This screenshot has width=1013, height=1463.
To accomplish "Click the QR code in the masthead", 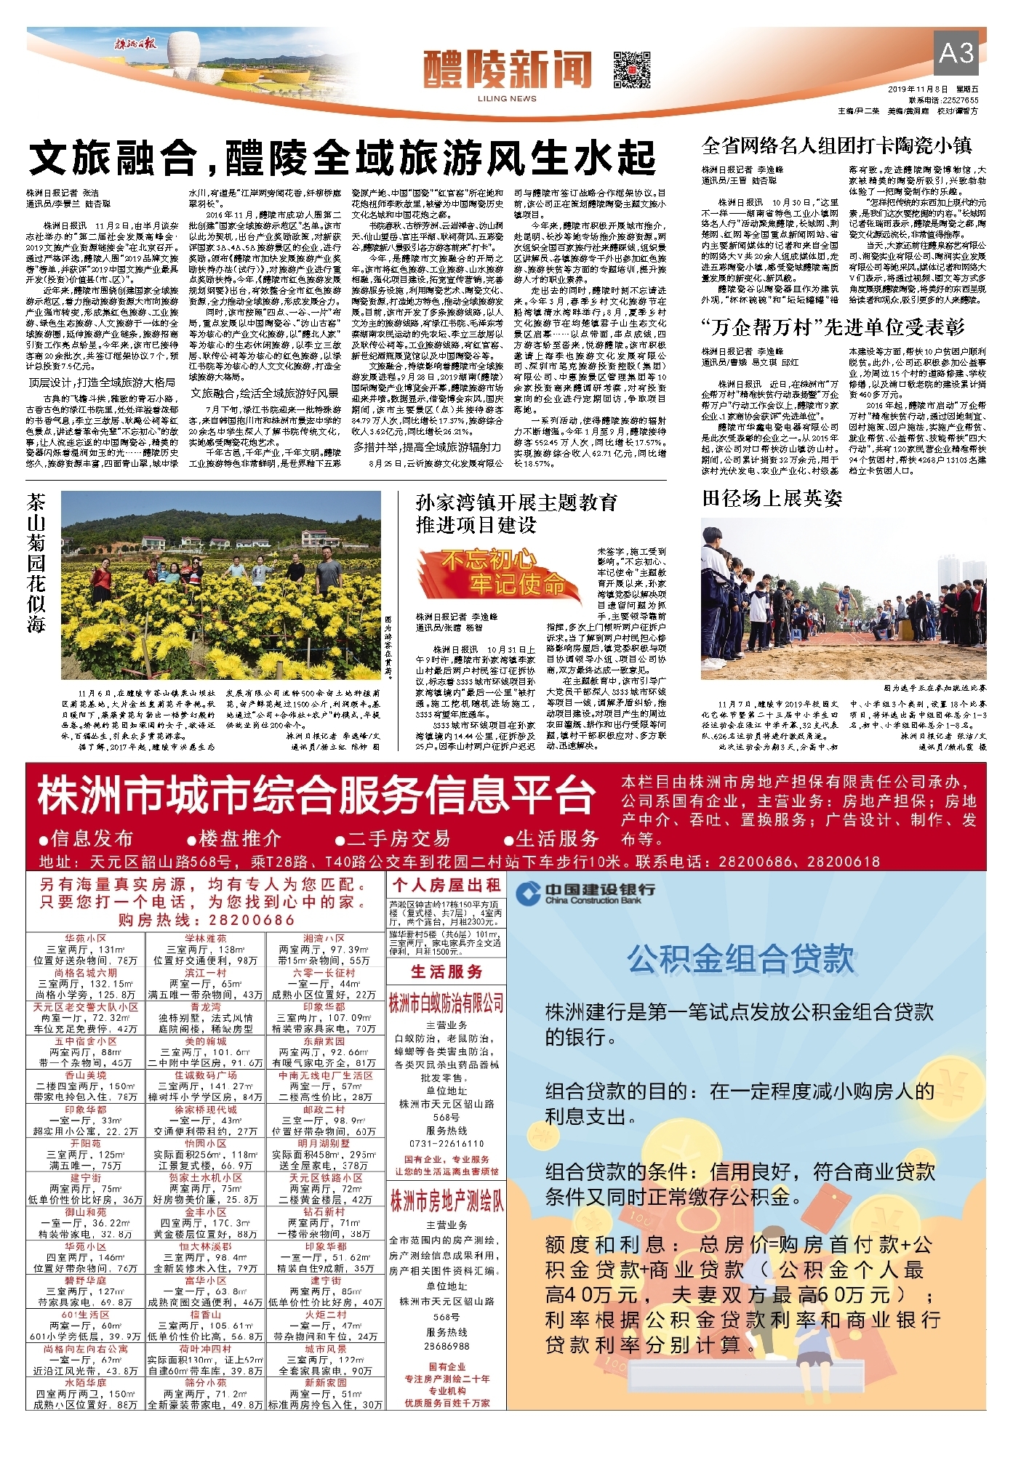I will [x=631, y=69].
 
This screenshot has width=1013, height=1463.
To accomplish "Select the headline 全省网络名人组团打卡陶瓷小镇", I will [x=836, y=145].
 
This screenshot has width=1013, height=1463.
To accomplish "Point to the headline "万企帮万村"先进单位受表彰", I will [x=833, y=327].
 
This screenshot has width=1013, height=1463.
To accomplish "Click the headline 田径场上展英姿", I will [x=772, y=498].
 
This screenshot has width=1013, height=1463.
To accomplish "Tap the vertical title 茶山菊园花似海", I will [x=37, y=564].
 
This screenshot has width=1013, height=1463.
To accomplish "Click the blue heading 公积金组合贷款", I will [x=740, y=959].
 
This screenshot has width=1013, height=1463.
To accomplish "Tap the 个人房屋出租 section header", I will [x=447, y=885].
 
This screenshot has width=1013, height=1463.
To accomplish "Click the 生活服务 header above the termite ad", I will [x=446, y=971].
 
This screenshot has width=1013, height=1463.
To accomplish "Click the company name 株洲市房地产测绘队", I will [x=446, y=1201].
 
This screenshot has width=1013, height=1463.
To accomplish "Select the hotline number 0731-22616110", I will [x=446, y=1144].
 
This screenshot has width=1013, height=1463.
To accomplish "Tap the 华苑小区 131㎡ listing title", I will [x=85, y=939].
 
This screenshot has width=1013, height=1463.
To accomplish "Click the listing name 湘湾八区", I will [x=324, y=939].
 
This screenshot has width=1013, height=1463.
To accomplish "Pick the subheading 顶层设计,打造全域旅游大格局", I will [x=102, y=382].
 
